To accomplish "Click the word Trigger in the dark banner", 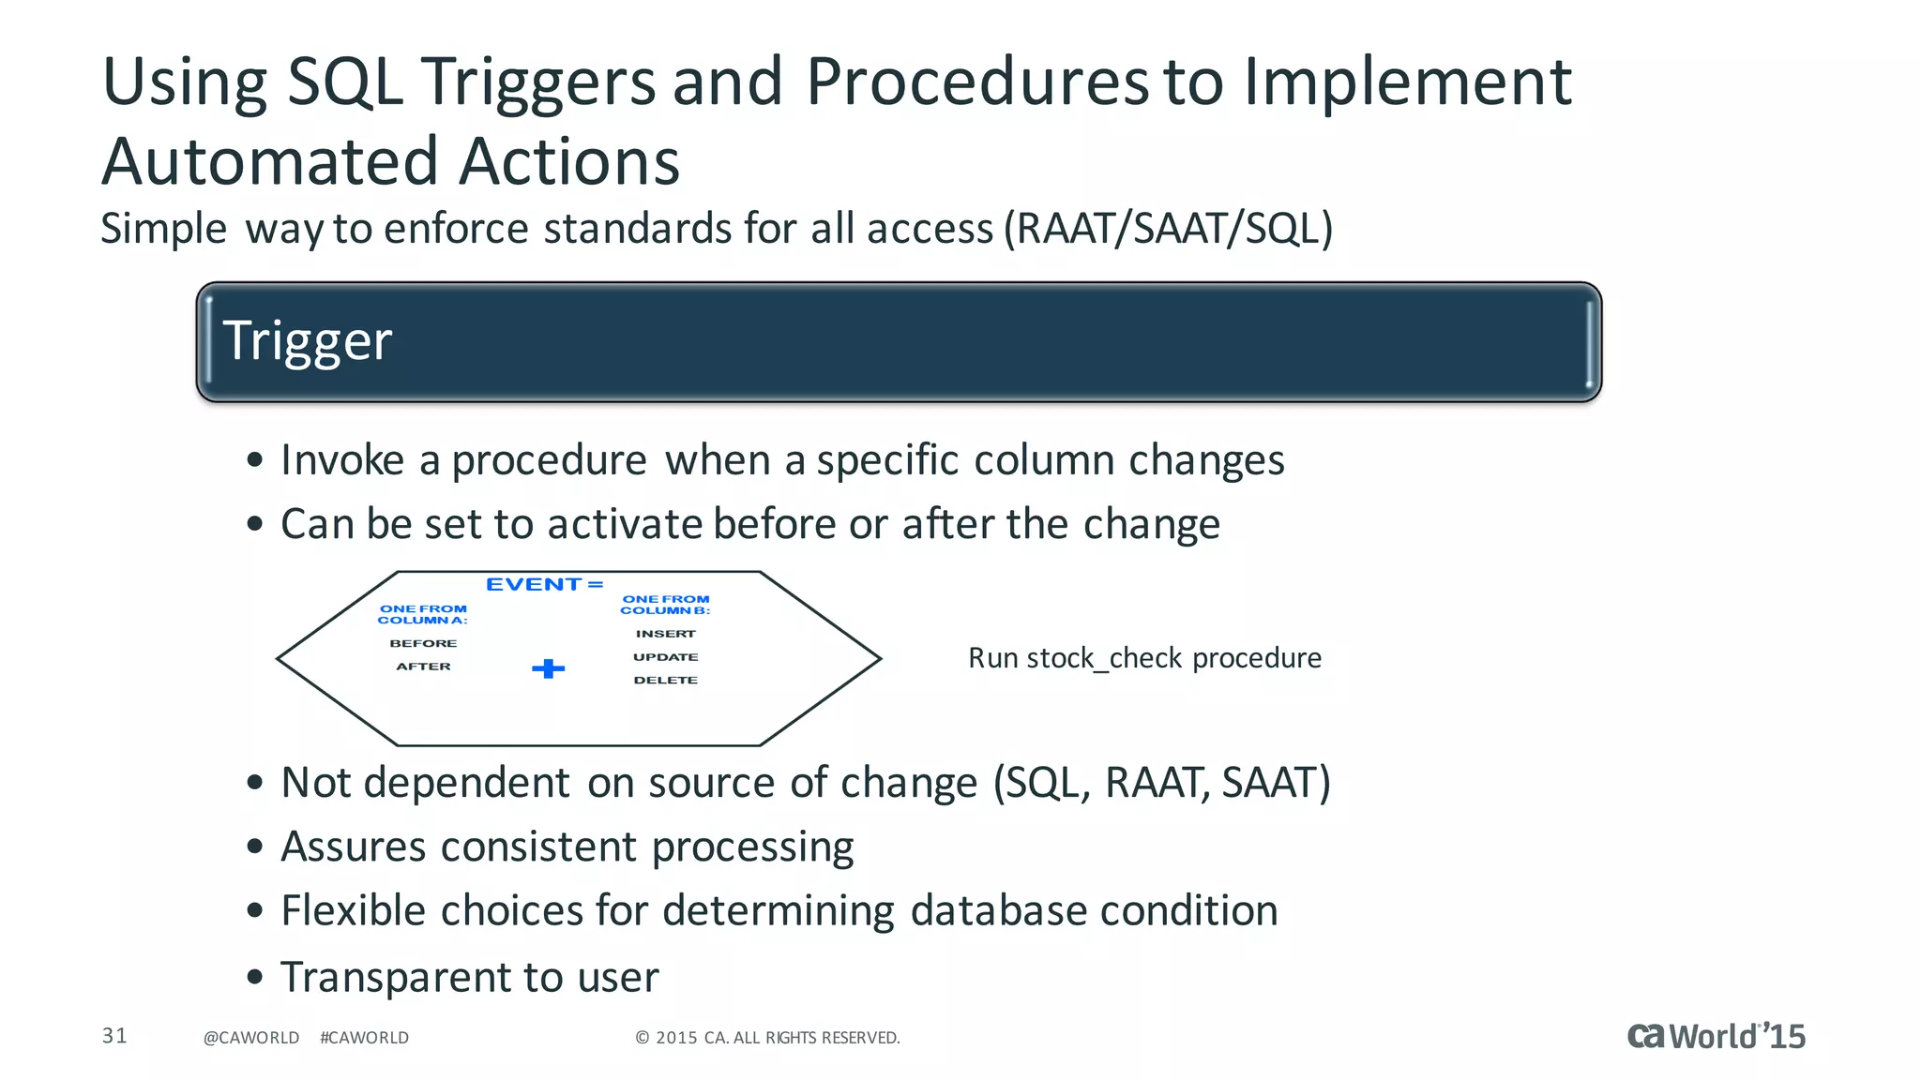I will click(307, 341).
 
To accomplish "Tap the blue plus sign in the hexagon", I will click(548, 668).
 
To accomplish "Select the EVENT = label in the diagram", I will click(544, 584).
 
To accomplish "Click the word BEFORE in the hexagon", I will click(423, 643).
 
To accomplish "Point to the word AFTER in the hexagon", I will click(423, 667).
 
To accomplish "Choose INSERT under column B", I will click(665, 634).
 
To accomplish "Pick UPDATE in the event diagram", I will click(665, 657).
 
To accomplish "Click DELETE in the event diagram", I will click(665, 681).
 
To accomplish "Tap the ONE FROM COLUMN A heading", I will click(422, 614).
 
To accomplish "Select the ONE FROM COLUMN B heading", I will click(665, 605).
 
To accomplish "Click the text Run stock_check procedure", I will click(1144, 658).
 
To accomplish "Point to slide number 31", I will click(114, 1036).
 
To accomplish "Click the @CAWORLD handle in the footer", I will click(251, 1038).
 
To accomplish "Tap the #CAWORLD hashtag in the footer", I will click(364, 1038).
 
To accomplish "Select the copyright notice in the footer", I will click(767, 1038).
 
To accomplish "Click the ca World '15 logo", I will click(1716, 1036).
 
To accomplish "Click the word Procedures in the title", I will click(976, 82).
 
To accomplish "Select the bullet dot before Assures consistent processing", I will click(255, 847).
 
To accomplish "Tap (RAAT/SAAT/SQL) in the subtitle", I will click(1168, 229).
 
